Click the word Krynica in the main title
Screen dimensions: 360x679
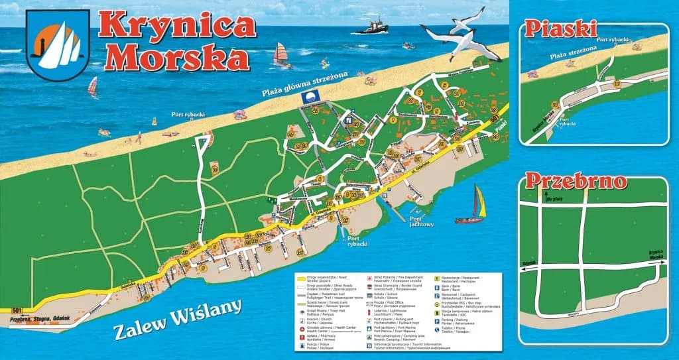point(178,25)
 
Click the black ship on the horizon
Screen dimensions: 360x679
point(373,27)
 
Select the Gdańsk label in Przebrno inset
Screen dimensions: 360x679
point(529,263)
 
